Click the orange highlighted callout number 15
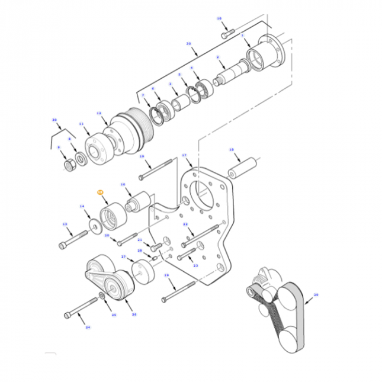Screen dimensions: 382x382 coord(100,192)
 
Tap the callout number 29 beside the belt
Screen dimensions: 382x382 coord(316,294)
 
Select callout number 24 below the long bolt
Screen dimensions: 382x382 coord(88,327)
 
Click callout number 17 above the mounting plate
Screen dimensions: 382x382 coord(185,155)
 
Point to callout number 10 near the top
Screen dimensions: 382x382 coord(219,19)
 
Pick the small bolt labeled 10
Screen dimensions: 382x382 coord(225,36)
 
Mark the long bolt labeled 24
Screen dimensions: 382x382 coord(82,307)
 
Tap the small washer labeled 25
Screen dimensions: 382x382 coord(104,294)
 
